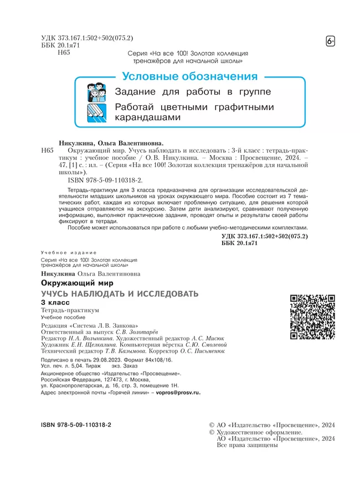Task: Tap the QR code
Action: [312, 317]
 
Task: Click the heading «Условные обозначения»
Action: [190, 77]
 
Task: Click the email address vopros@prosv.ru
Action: [179, 392]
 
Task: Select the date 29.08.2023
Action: [123, 359]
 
